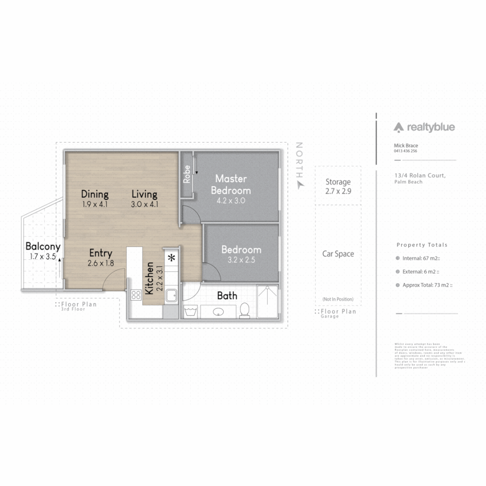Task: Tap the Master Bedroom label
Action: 231,184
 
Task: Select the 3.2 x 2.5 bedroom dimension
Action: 241,260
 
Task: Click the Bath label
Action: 227,296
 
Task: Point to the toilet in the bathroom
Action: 245,310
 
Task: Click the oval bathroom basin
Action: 219,311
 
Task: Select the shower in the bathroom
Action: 267,301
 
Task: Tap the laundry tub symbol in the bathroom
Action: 190,311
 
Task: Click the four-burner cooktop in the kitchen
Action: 136,295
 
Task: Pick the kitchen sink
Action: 171,296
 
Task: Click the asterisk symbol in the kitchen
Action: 171,258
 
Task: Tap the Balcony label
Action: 43,247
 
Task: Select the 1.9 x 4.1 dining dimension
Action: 95,204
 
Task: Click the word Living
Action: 144,194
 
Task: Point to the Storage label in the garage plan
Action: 338,182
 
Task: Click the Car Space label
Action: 338,254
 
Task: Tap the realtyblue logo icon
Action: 399,128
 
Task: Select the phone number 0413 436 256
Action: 405,151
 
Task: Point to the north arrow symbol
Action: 300,184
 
